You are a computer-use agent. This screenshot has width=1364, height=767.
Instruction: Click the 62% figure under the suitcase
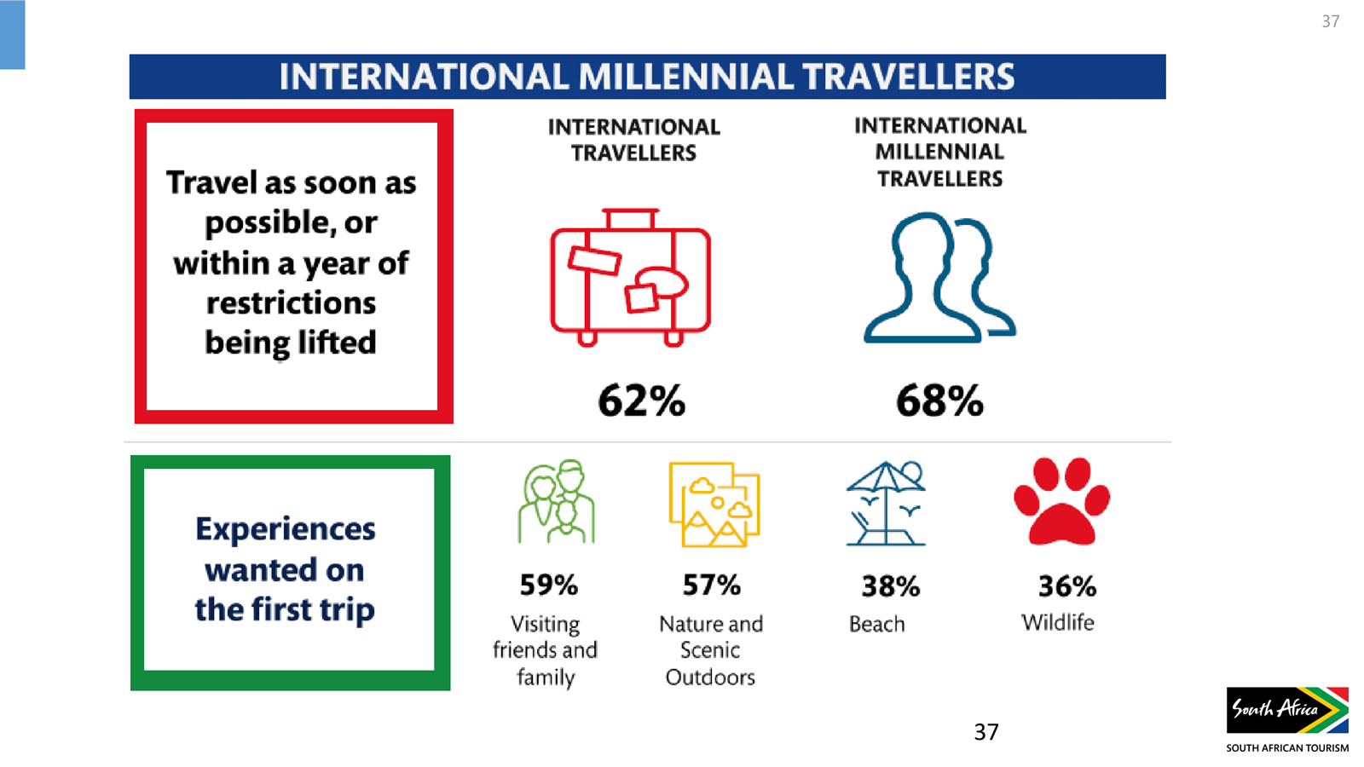point(642,401)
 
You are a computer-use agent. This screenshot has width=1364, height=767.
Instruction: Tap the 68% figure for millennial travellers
point(939,401)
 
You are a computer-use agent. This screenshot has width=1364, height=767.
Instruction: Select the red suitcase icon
point(630,278)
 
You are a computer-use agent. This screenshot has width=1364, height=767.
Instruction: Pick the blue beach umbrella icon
point(886,504)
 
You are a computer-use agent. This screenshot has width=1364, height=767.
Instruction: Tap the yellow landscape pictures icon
point(714,505)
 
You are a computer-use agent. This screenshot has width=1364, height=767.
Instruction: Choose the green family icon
point(557,501)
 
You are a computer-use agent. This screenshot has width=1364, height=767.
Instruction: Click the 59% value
point(549,585)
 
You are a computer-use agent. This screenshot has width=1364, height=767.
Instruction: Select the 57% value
point(711,585)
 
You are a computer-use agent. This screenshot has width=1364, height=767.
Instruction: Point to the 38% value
point(891,586)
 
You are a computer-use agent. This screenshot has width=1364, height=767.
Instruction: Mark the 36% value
point(1067,586)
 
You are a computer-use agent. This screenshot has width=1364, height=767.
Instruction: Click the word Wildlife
point(1058,622)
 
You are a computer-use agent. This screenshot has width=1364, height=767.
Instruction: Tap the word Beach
point(877,624)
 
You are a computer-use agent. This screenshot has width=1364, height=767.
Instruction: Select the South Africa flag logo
point(1287,710)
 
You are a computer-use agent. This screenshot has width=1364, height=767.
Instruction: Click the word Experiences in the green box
point(285,529)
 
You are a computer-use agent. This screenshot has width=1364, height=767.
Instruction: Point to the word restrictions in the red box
point(291,303)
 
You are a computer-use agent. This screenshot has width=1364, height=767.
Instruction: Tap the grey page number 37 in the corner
point(1331,21)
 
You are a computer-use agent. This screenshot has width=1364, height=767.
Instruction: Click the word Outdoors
point(710,677)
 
